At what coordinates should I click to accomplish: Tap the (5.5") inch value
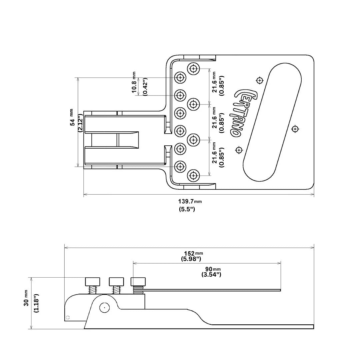[187, 209]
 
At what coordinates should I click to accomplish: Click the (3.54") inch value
[211, 275]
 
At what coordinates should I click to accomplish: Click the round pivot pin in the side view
[104, 308]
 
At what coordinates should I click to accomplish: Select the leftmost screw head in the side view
[92, 282]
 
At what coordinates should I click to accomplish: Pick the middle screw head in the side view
[116, 282]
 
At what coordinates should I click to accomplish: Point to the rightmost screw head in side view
[138, 282]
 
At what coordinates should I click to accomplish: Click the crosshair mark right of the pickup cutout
[295, 129]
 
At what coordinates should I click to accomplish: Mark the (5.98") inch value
[191, 259]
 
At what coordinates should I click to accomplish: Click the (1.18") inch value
[36, 303]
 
